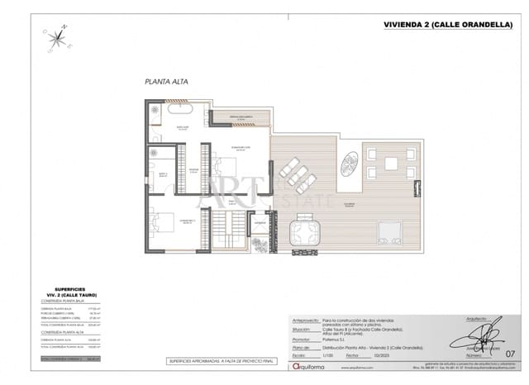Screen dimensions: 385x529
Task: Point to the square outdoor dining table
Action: [x=390, y=164]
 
